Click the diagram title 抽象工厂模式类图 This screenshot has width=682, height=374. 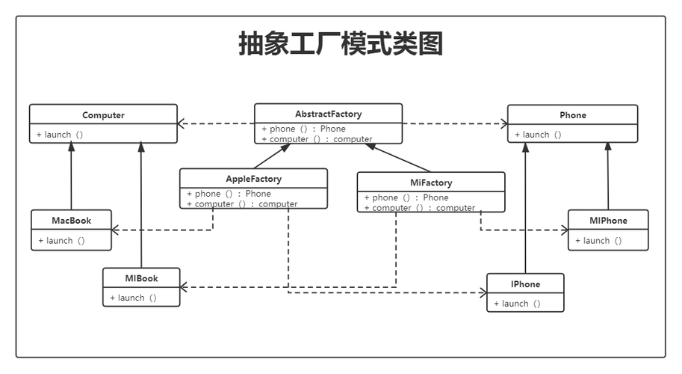tap(341, 44)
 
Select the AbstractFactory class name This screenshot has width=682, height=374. tap(328, 114)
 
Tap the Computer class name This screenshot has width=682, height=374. tap(103, 115)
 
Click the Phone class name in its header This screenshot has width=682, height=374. tap(572, 115)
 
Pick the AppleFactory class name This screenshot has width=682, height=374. tap(253, 179)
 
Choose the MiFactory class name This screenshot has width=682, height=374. tap(430, 183)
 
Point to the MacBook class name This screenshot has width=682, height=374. tap(71, 221)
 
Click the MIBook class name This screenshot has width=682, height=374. tap(141, 278)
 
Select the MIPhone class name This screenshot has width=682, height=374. tap(608, 221)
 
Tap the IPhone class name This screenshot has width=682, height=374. tap(525, 284)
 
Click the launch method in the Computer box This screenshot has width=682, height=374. tap(60, 135)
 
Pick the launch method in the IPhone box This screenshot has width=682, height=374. tap(517, 304)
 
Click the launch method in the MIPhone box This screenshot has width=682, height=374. tap(598, 241)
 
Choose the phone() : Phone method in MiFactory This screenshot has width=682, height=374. tap(406, 197)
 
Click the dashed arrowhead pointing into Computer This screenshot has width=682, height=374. tap(182, 123)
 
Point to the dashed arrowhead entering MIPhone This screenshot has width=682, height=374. tap(564, 230)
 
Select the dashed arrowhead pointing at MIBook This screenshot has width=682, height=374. tap(185, 287)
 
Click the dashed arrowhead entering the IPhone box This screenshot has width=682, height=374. tap(483, 293)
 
